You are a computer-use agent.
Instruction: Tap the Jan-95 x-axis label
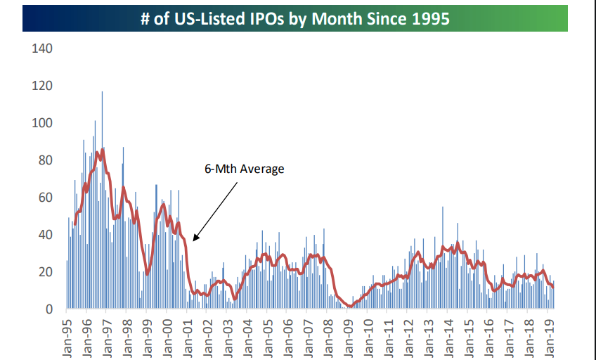pos(67,335)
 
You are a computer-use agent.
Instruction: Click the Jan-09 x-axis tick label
pos(349,335)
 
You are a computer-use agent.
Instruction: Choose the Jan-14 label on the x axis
pos(448,335)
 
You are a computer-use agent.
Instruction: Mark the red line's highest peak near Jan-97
pos(103,149)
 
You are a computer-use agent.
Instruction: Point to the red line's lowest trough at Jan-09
pos(349,306)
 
